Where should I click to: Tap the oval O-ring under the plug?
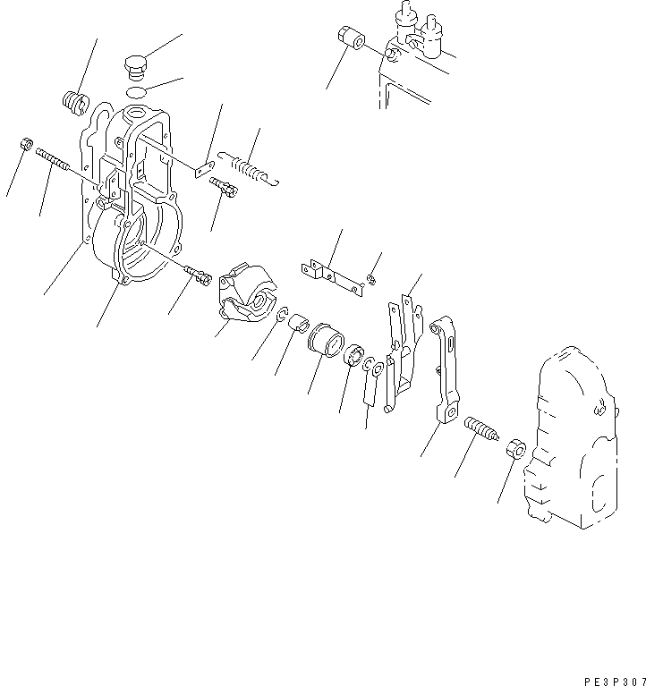pyautogui.click(x=135, y=92)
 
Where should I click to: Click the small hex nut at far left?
pyautogui.click(x=26, y=144)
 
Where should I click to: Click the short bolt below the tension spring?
pyautogui.click(x=223, y=188)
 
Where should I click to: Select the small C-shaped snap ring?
pyautogui.click(x=282, y=315)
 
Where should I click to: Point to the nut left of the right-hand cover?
pyautogui.click(x=514, y=448)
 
